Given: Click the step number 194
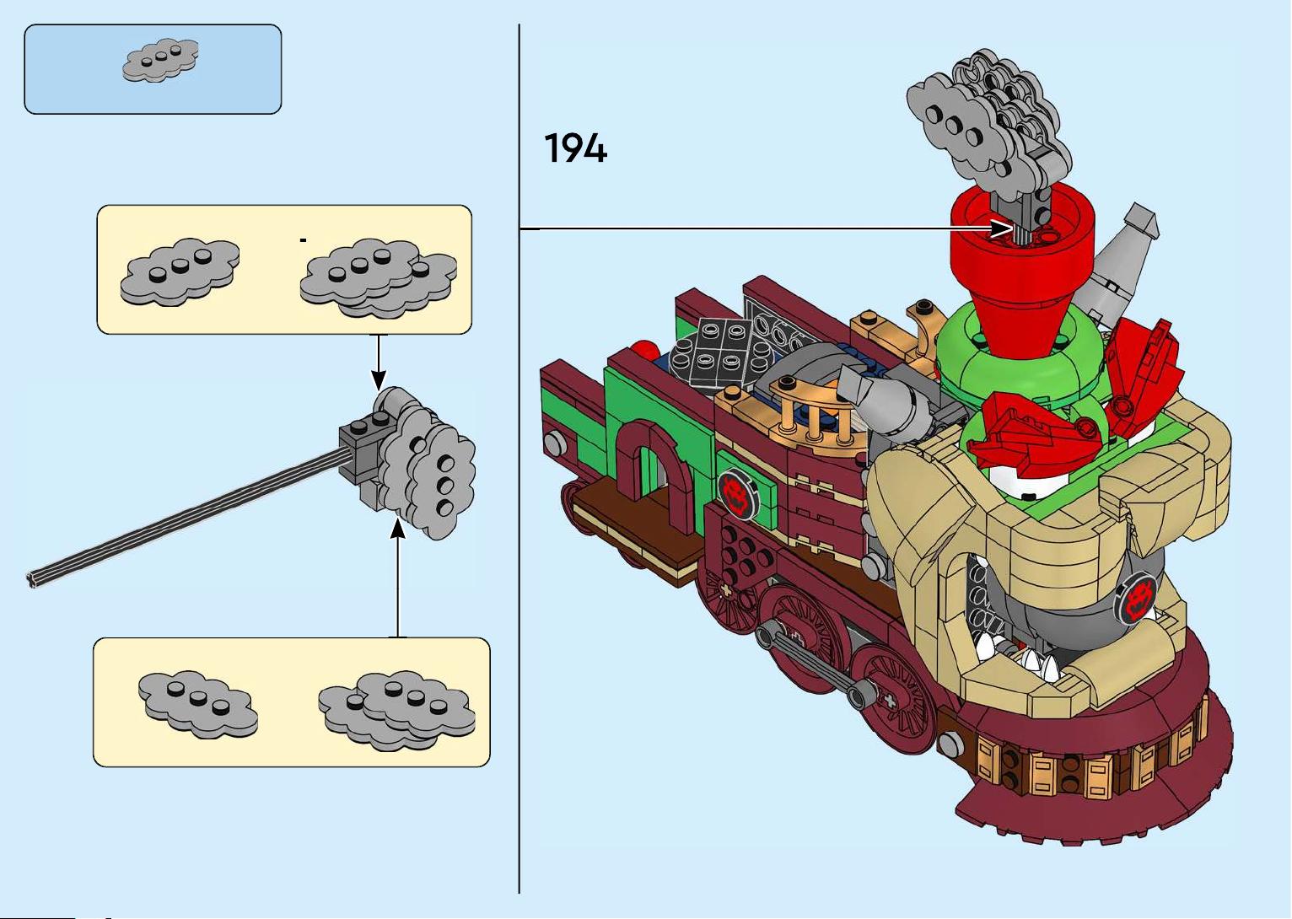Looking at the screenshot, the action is (576, 148).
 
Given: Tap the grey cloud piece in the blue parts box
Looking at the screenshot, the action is (160, 60).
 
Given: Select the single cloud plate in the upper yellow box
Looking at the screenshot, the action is (180, 271).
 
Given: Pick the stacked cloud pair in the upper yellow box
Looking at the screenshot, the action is (379, 278).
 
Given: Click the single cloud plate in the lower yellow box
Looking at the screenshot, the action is (198, 704).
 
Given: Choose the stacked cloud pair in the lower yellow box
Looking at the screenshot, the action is (397, 710).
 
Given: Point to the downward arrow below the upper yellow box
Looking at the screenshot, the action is (379, 362).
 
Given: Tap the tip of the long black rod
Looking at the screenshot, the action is (32, 580).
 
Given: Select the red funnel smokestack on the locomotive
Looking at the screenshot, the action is (1022, 271).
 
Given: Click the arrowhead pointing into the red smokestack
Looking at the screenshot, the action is (1001, 228).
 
